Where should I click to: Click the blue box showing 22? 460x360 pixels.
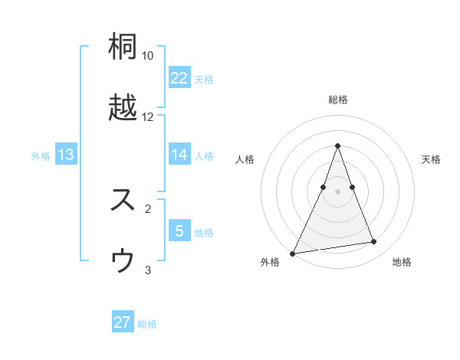[x=179, y=78]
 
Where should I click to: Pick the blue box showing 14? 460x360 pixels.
[x=179, y=155]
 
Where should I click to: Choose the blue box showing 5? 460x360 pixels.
[x=179, y=231]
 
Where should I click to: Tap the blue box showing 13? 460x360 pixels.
[x=66, y=155]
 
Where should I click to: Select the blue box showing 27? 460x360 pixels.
[x=123, y=322]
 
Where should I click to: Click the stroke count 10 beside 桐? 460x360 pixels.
[x=148, y=56]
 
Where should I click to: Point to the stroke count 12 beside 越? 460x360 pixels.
[x=148, y=117]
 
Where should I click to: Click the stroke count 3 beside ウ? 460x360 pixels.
[x=148, y=270]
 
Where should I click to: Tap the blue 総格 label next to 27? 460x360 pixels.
[x=147, y=324]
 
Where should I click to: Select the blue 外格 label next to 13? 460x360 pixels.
[x=41, y=155]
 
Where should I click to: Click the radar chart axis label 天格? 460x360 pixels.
[x=431, y=159]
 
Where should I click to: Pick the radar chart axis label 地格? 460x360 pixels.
[x=402, y=262]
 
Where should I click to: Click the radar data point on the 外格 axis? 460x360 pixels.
[x=293, y=253]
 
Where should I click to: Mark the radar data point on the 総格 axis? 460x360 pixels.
[x=337, y=146]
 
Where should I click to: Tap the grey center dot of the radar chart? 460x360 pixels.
[x=337, y=191]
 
